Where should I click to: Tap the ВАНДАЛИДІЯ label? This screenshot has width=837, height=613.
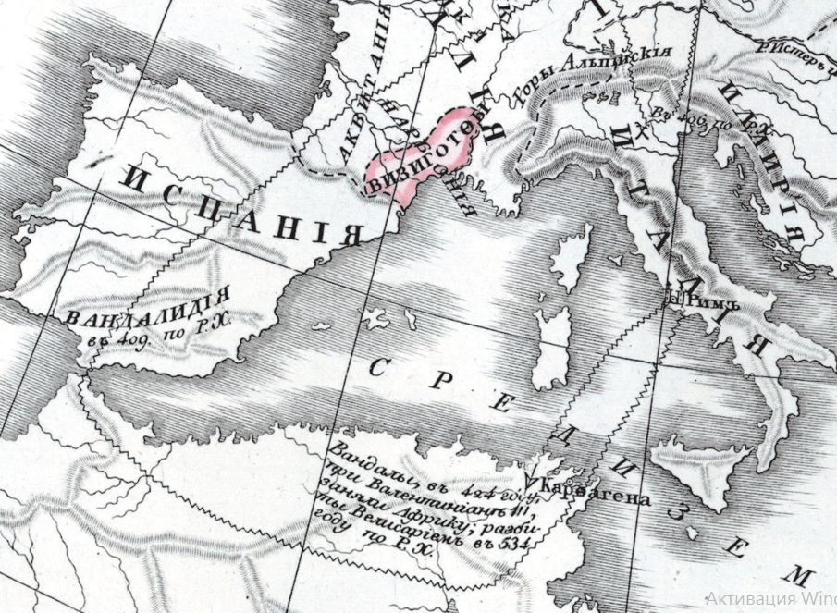(x=148, y=312)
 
